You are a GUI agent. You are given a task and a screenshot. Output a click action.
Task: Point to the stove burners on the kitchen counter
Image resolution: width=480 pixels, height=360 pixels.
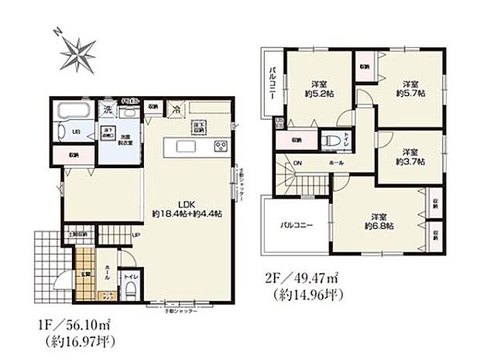pyautogui.click(x=219, y=146)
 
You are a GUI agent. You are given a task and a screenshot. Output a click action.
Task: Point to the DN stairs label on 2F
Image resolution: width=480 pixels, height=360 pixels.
pyautogui.click(x=298, y=163)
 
